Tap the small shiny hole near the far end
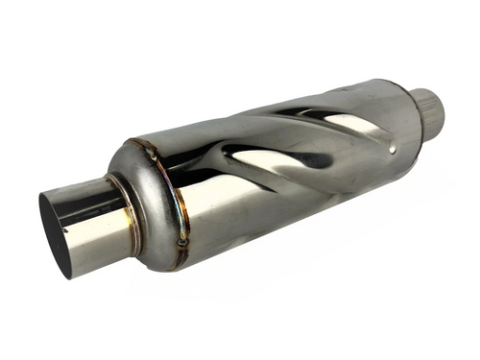395,149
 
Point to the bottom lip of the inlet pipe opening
67,273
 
